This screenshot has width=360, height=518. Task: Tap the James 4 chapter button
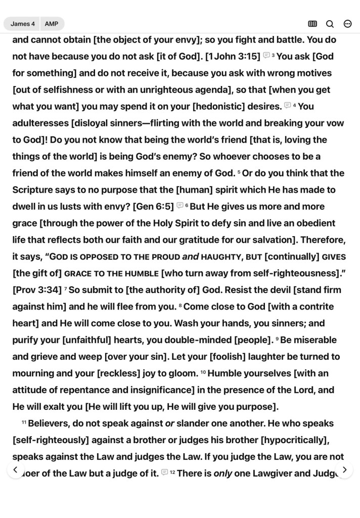coord(23,24)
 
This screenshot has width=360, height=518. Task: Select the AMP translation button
coord(52,24)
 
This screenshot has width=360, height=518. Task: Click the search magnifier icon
coord(330,24)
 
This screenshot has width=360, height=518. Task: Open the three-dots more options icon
coord(347,24)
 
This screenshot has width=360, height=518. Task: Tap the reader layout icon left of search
coord(312,24)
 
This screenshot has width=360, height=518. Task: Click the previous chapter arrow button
coord(16,470)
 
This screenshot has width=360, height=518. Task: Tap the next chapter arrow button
coord(344,470)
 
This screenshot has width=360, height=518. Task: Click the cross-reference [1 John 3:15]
coord(233,56)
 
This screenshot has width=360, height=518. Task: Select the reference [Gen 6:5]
coord(153,206)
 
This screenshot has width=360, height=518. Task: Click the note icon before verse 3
coord(266,56)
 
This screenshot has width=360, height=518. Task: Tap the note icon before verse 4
coord(288,106)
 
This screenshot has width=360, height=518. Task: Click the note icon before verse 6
coord(180,206)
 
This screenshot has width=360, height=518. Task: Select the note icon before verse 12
coord(165,472)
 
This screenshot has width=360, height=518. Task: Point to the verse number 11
coord(24,422)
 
